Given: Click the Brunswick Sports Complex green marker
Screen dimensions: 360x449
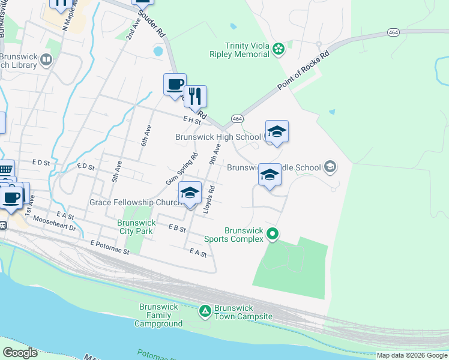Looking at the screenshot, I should pos(273,233).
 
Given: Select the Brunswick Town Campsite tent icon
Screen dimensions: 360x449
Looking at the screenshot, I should pos(205,311).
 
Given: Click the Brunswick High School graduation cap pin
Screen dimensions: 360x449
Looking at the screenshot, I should pos(277,131).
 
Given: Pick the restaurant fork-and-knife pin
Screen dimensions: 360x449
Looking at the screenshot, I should pos(195,96).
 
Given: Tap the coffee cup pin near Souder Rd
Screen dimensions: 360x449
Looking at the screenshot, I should pos(175,85).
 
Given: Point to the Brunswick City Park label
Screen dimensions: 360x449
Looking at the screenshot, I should pos(136,227).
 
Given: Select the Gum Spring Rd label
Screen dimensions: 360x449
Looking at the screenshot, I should pos(181,169).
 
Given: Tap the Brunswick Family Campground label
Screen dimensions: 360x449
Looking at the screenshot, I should pos(158,315).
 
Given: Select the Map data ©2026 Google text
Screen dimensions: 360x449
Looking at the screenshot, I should pos(411,355).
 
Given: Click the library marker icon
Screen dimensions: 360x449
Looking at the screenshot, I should pos(46,59).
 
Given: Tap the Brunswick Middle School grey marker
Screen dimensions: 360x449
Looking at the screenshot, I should pos(329,167).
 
